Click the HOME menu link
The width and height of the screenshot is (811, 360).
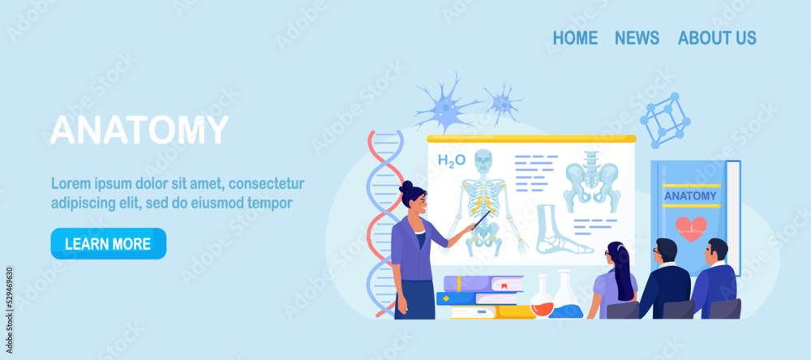(575, 38)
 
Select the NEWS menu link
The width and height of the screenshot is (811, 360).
(637, 38)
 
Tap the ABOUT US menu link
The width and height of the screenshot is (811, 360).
(717, 38)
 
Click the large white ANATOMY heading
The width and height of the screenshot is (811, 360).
(139, 130)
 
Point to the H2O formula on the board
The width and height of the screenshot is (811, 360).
(452, 161)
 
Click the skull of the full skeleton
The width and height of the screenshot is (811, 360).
(483, 161)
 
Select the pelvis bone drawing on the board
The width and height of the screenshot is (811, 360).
(592, 182)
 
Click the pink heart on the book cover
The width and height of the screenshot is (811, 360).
(691, 229)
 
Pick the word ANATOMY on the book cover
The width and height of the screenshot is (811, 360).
(690, 196)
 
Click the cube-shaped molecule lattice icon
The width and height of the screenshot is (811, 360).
(665, 121)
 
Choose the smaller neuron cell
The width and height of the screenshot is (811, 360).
(503, 102)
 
